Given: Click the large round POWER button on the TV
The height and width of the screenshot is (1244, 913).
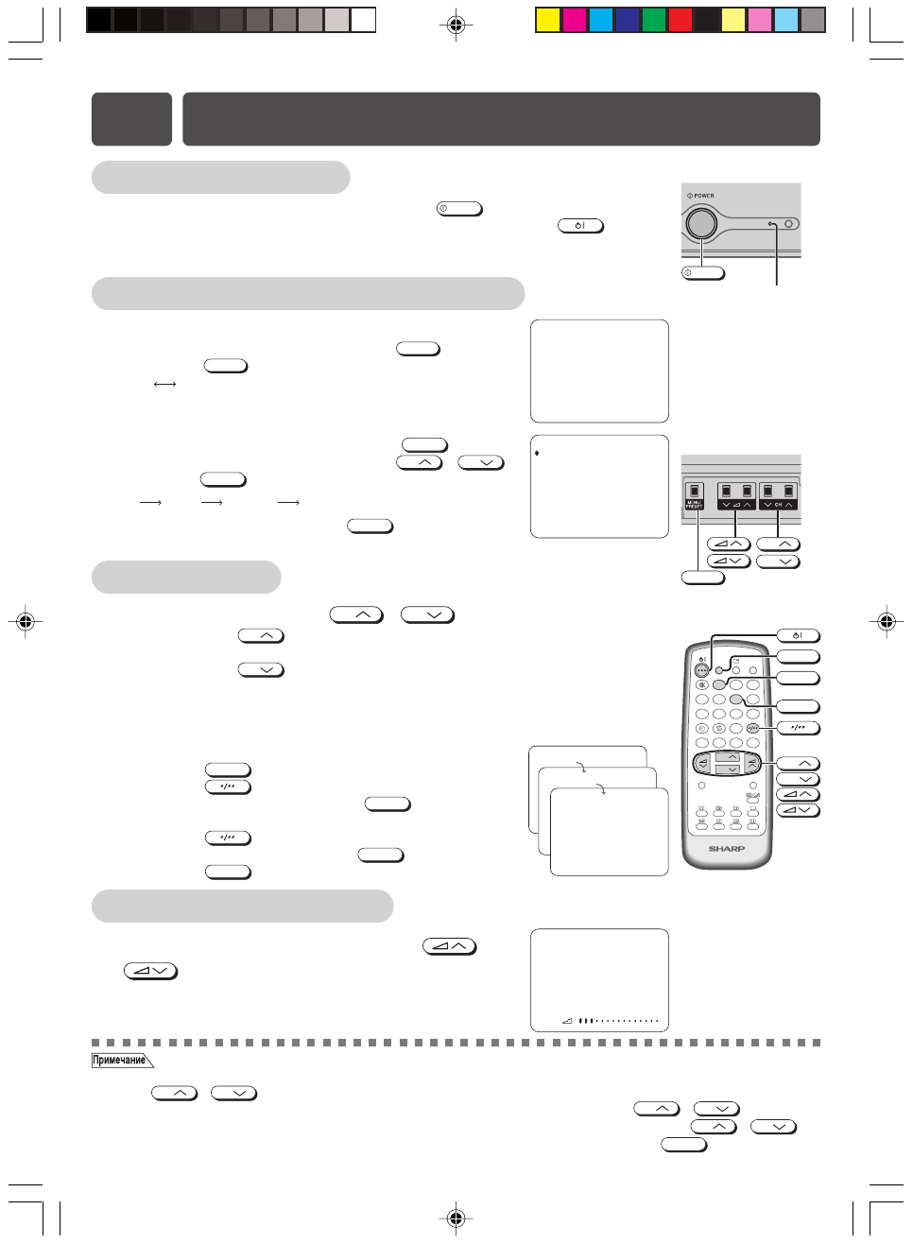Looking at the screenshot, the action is click(700, 223).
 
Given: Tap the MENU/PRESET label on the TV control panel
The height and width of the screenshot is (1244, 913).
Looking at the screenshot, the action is click(694, 505).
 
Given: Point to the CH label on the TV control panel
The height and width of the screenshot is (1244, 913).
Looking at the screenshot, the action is click(778, 505).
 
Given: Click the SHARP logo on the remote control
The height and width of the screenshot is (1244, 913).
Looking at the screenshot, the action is click(727, 849).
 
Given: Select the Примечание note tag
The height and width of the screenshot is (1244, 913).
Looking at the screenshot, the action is click(120, 1061).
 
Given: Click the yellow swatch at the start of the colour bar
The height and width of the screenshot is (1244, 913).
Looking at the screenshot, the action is click(548, 20).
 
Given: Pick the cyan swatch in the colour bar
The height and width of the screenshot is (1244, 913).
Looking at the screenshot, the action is click(601, 20).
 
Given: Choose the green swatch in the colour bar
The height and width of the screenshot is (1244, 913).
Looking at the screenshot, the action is click(654, 20).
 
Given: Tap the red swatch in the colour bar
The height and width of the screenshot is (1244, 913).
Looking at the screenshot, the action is click(680, 20).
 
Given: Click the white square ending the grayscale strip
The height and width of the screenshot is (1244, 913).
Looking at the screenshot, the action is click(364, 20).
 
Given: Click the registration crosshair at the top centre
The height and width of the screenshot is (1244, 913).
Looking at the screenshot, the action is click(456, 25).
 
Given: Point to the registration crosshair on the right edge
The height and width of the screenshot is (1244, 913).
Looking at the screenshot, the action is click(886, 621).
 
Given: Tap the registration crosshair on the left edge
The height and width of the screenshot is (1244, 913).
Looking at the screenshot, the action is click(26, 621).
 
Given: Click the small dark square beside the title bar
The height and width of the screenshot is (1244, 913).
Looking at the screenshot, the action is click(131, 119).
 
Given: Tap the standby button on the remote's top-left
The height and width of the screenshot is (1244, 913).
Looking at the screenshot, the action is click(701, 669).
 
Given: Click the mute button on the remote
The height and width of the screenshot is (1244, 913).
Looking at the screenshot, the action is click(701, 684).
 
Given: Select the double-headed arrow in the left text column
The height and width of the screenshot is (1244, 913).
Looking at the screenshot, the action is click(164, 385).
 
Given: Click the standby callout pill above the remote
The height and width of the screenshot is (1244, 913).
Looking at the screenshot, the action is click(798, 635).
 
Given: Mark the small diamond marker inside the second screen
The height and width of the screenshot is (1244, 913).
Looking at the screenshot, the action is click(537, 454).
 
